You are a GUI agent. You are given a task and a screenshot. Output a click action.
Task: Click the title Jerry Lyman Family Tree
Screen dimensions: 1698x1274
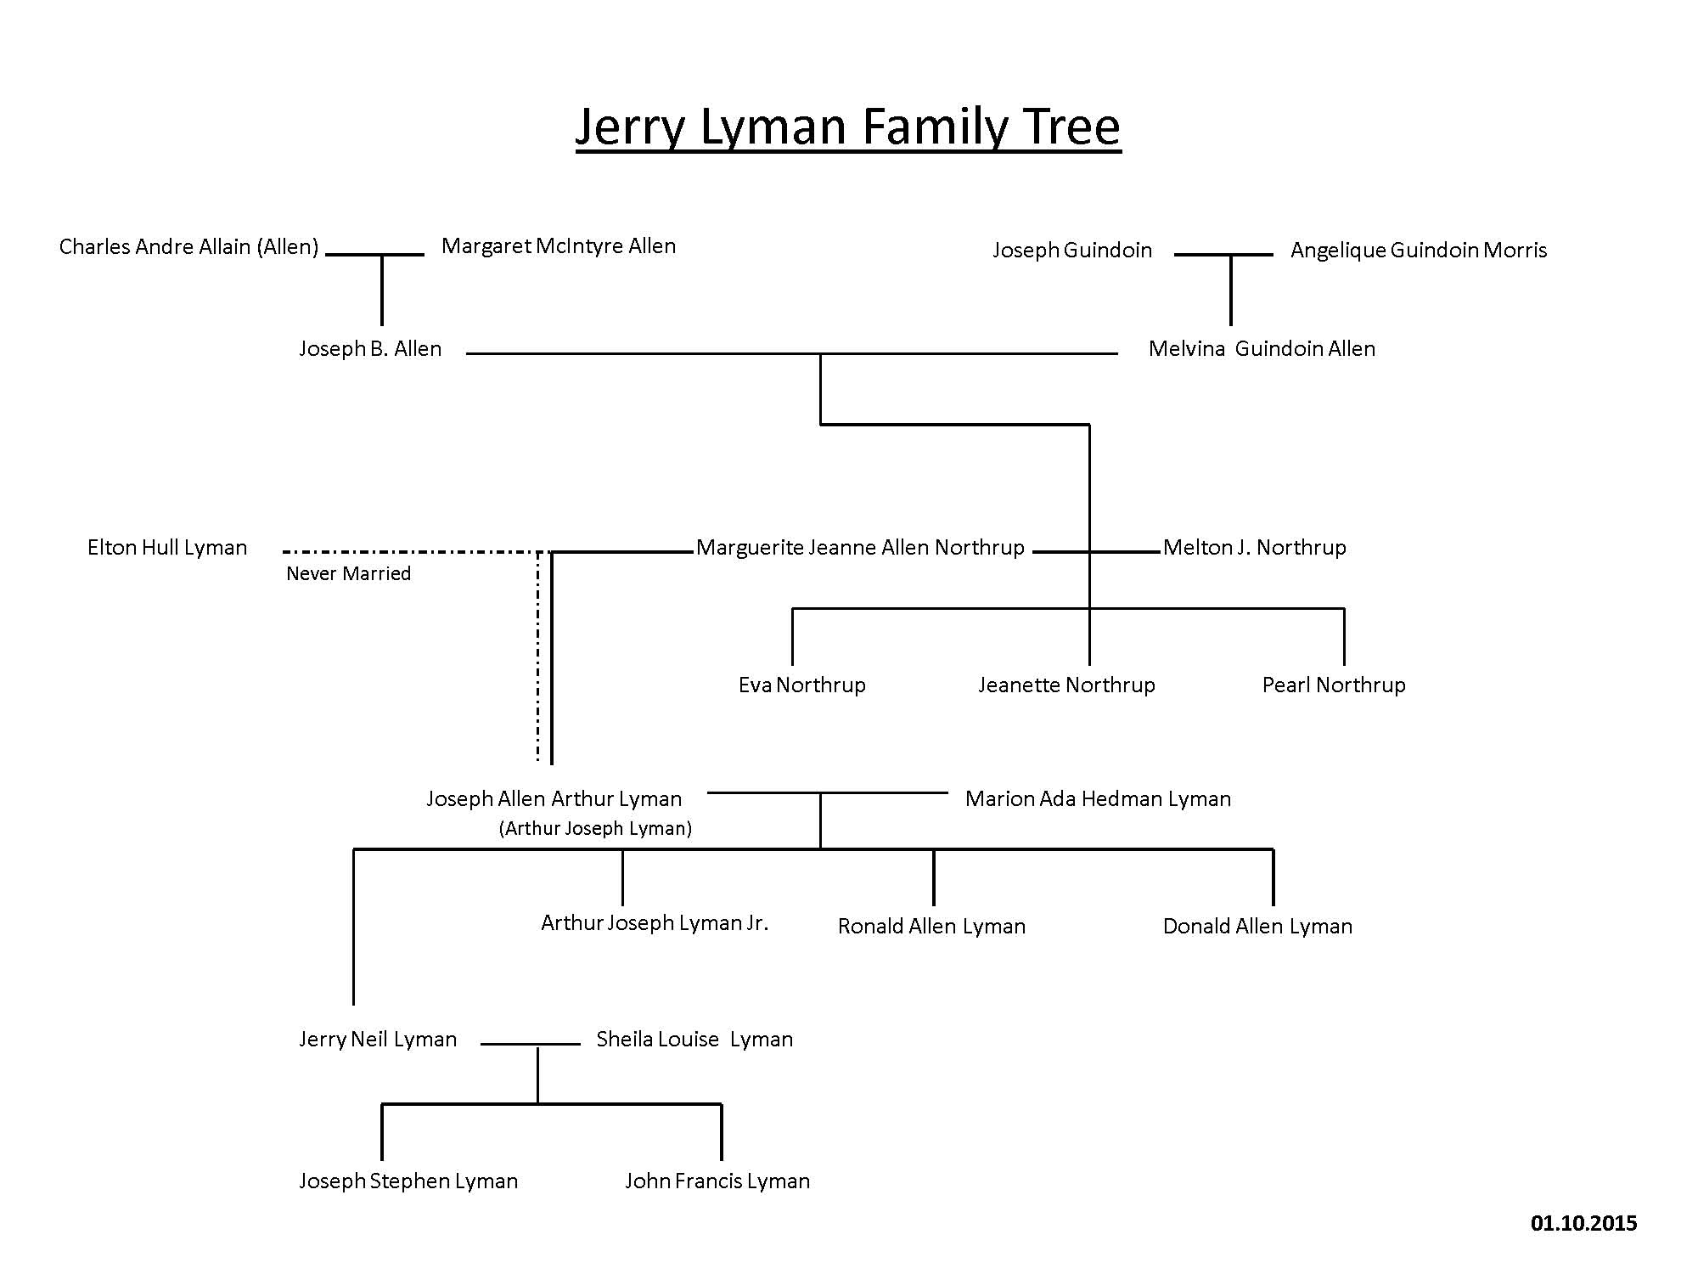[x=848, y=127]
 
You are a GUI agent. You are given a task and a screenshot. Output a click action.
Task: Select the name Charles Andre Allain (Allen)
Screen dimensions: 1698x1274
[x=188, y=247]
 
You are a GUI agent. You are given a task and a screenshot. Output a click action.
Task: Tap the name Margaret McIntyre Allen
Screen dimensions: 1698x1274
[x=559, y=246]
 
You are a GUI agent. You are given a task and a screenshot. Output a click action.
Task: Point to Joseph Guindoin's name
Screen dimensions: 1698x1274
[x=1072, y=251]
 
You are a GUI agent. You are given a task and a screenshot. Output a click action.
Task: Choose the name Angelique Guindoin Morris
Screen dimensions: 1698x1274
[x=1419, y=251]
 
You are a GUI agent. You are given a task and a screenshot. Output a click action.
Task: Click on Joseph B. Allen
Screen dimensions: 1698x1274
[x=370, y=349]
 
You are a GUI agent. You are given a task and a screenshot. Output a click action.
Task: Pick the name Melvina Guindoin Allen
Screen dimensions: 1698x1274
[x=1262, y=349]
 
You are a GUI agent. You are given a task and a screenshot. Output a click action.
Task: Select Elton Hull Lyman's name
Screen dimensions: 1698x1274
[x=167, y=548]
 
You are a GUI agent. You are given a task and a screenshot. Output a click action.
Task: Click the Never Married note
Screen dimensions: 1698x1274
[x=348, y=574]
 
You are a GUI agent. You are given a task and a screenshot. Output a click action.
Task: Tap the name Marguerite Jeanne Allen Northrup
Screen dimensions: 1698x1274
[x=860, y=548]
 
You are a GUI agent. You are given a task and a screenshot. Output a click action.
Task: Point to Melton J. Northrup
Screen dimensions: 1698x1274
[x=1255, y=548]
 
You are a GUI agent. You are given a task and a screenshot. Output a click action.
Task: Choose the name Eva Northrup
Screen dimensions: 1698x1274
[x=802, y=685]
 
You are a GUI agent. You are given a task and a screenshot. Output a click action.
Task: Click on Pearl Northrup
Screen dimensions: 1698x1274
[x=1334, y=685]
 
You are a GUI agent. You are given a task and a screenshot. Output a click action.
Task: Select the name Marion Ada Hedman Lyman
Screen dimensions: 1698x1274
[x=1098, y=799]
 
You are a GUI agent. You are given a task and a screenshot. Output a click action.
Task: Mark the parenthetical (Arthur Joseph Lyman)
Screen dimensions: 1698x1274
[x=595, y=829]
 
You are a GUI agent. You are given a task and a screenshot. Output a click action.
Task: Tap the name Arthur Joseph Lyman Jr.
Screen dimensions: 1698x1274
[x=655, y=923]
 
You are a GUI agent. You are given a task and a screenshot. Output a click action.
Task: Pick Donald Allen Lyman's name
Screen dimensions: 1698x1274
[x=1257, y=927]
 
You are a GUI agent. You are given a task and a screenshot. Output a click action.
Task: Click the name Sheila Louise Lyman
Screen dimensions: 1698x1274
[x=694, y=1040]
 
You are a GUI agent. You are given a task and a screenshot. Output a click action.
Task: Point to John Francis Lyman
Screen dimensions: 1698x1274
[x=717, y=1181]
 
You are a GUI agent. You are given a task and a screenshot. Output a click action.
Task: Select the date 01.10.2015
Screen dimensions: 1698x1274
[x=1584, y=1223]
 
